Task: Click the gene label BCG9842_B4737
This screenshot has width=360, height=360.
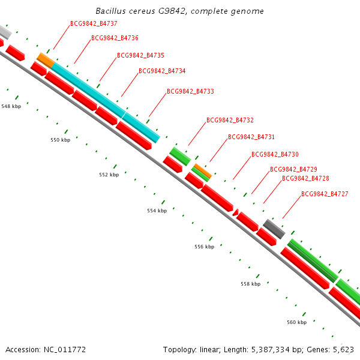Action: pyautogui.click(x=94, y=24)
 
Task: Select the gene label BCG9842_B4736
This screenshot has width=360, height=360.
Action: pyautogui.click(x=115, y=38)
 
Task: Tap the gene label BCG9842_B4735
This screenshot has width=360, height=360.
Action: pyautogui.click(x=140, y=55)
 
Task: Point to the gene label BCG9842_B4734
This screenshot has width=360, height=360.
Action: pyautogui.click(x=162, y=71)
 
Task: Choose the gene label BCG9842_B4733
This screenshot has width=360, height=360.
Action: pyautogui.click(x=190, y=91)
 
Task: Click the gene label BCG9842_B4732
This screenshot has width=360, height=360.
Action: pyautogui.click(x=230, y=120)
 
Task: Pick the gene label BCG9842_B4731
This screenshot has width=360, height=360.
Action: pyautogui.click(x=251, y=137)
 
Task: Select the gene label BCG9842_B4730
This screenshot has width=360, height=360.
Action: pyautogui.click(x=275, y=154)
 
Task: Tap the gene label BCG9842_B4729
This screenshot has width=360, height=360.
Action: pyautogui.click(x=293, y=169)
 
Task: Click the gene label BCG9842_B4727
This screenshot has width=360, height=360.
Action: pyautogui.click(x=325, y=194)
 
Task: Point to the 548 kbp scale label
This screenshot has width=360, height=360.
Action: pyautogui.click(x=11, y=106)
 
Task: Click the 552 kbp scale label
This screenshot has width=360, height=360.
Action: pyautogui.click(x=109, y=175)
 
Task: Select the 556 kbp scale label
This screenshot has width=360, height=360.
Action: pyautogui.click(x=204, y=247)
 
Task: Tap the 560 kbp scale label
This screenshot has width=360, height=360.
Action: pyautogui.click(x=296, y=322)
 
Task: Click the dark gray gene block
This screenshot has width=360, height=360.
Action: pyautogui.click(x=274, y=229)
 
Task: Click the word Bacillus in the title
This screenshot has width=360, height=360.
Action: pyautogui.click(x=112, y=11)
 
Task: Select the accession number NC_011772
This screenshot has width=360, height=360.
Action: pyautogui.click(x=64, y=349)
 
